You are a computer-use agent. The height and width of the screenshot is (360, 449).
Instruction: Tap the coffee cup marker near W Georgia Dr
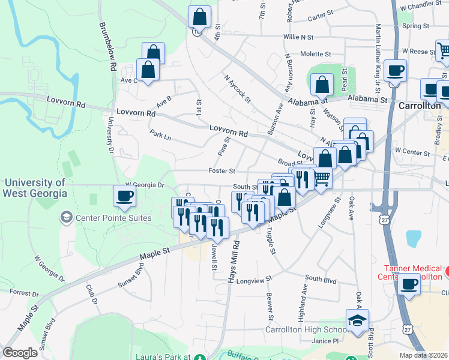pos(125,196)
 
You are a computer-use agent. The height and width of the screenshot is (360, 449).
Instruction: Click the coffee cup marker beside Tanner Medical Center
pos(409,284)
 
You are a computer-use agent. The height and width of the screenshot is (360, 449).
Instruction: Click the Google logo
pos(20,353)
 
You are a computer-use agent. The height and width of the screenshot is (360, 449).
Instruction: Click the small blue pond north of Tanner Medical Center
pos(414,238)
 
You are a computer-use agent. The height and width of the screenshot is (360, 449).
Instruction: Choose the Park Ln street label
pos(161,136)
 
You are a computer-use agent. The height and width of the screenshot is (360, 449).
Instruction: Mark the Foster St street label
pos(221,171)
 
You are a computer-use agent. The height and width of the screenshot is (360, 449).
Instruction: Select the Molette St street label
pos(316,54)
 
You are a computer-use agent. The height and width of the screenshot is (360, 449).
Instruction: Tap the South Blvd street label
pos(321,278)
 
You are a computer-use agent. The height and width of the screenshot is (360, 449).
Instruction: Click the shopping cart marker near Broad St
pos(322,178)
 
